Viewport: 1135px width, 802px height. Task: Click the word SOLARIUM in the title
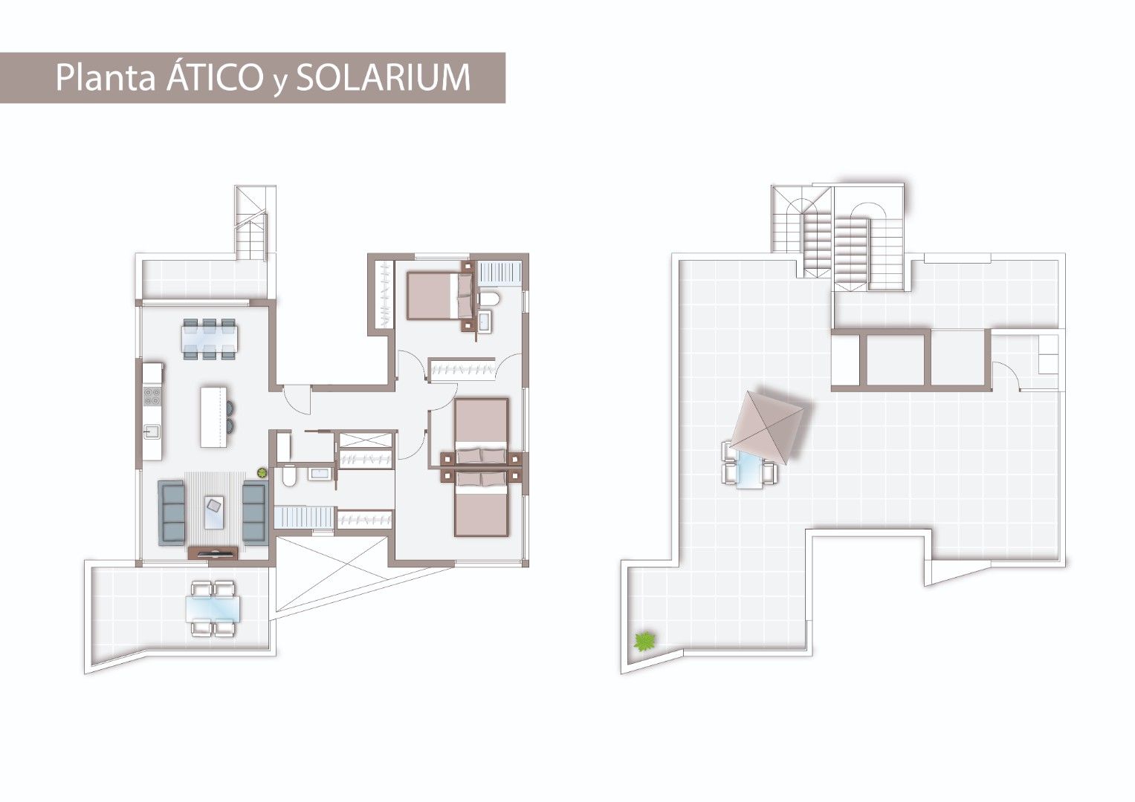click(x=384, y=77)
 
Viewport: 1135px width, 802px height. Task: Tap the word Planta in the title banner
click(x=106, y=77)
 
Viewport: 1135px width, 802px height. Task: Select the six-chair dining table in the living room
click(x=210, y=339)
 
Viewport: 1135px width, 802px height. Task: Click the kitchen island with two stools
click(x=216, y=417)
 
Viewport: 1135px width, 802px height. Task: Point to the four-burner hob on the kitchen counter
click(x=152, y=397)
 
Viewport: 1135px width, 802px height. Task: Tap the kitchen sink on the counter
click(x=151, y=431)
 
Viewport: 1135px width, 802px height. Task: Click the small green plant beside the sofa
click(x=262, y=473)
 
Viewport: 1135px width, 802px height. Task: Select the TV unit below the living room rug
click(x=213, y=552)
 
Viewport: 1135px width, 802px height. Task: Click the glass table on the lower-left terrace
click(x=213, y=609)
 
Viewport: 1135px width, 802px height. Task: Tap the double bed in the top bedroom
click(x=440, y=296)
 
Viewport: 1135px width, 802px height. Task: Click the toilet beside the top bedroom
click(x=488, y=299)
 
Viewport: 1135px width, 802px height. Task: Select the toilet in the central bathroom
click(x=288, y=476)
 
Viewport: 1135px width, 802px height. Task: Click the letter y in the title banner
click(x=279, y=82)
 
